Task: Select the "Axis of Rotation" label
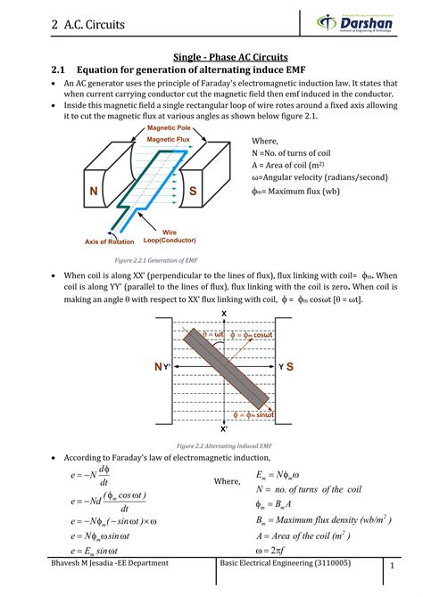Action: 110,241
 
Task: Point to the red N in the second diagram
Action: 157,367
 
